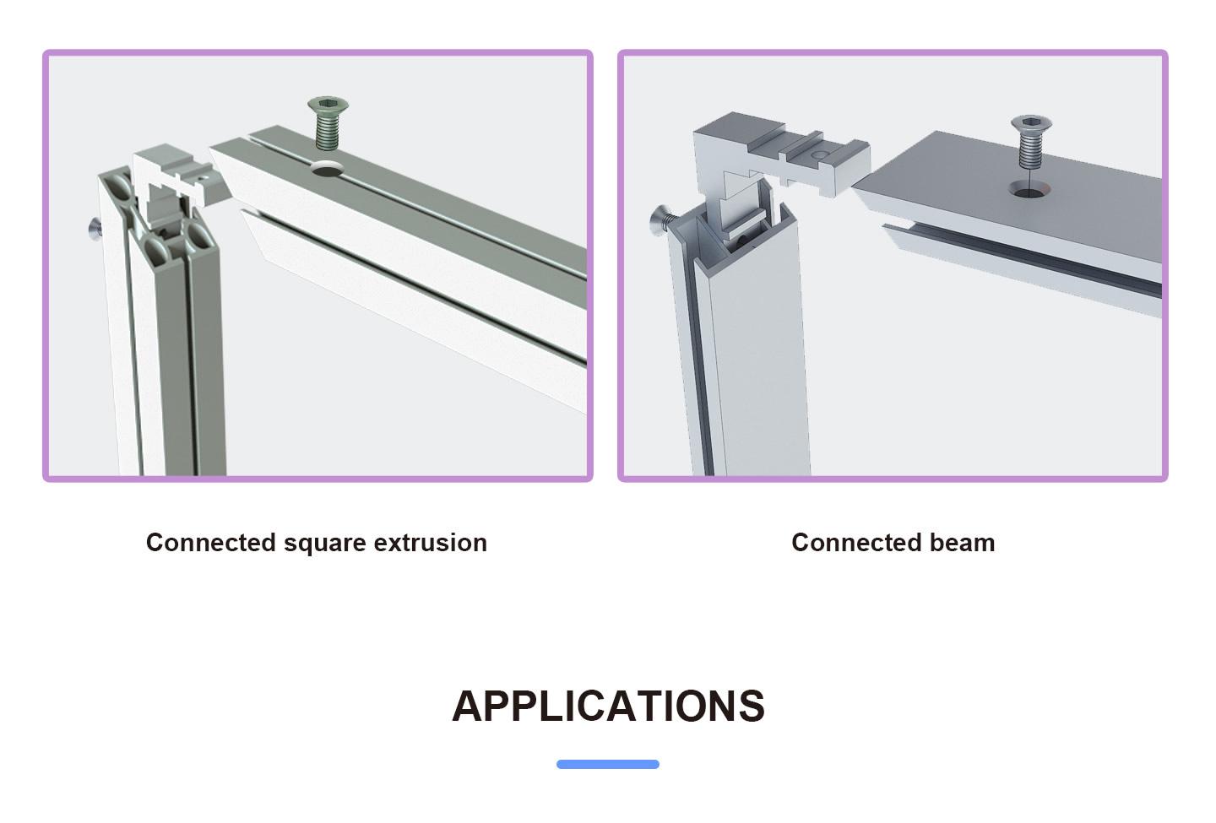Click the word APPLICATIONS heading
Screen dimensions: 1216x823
click(x=608, y=706)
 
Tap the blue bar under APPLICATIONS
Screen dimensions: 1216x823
click(x=608, y=764)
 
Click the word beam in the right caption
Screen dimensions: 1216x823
click(x=962, y=543)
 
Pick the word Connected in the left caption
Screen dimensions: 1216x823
click(x=210, y=543)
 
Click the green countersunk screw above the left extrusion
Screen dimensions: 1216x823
click(x=328, y=123)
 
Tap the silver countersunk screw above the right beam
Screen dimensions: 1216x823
click(x=1031, y=142)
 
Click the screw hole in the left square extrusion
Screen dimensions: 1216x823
click(x=328, y=169)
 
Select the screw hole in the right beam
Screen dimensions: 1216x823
click(x=1029, y=189)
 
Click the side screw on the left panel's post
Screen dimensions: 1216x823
click(x=95, y=229)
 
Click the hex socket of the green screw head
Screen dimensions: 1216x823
click(x=328, y=104)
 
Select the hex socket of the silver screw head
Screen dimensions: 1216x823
click(x=1031, y=122)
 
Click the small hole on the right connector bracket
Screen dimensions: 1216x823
click(x=818, y=154)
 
